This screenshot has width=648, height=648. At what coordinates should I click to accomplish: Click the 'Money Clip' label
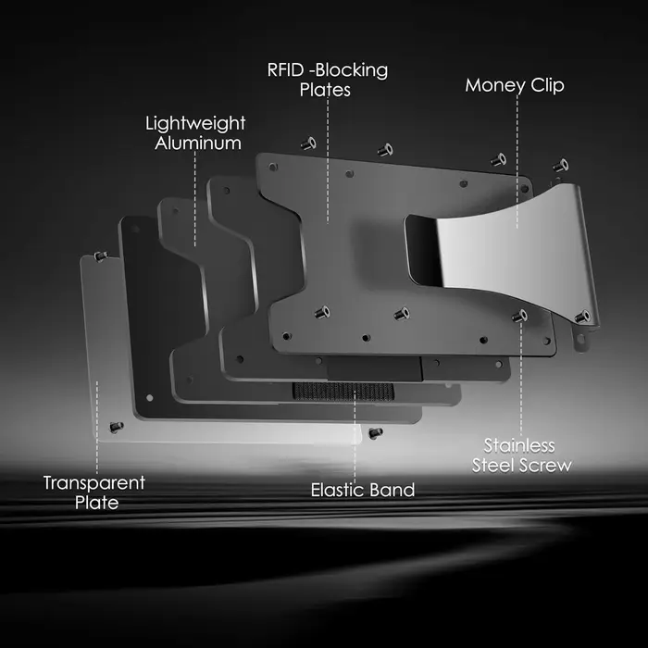point(515,85)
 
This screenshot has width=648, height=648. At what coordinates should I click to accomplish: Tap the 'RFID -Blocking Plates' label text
point(328,80)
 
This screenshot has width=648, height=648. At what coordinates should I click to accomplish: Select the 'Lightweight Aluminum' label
point(195,133)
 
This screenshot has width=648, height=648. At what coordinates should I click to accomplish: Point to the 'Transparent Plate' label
point(94,492)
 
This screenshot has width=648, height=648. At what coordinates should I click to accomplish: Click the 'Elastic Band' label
point(363,490)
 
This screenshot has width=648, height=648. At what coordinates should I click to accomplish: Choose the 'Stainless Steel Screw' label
point(521,455)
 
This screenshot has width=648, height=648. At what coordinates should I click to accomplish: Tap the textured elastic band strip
point(343,392)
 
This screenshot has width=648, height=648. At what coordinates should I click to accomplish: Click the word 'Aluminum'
point(198,143)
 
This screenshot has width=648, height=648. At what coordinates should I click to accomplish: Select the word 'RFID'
point(285,70)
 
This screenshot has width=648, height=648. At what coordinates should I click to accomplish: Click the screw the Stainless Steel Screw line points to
point(520,317)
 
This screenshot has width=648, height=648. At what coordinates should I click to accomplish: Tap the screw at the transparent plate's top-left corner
point(101,256)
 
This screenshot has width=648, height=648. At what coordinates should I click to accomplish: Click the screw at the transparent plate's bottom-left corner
point(117,428)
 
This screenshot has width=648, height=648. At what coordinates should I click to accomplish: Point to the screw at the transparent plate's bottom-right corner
point(375,432)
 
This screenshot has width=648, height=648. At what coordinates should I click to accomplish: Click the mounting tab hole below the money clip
point(580,340)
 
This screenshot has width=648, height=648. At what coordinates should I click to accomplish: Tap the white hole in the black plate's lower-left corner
point(150,397)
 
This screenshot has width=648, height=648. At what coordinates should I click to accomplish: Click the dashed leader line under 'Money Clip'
point(517,162)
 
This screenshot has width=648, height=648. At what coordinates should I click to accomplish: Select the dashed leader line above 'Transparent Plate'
point(97,428)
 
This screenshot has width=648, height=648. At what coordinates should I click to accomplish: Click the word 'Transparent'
point(94,483)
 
